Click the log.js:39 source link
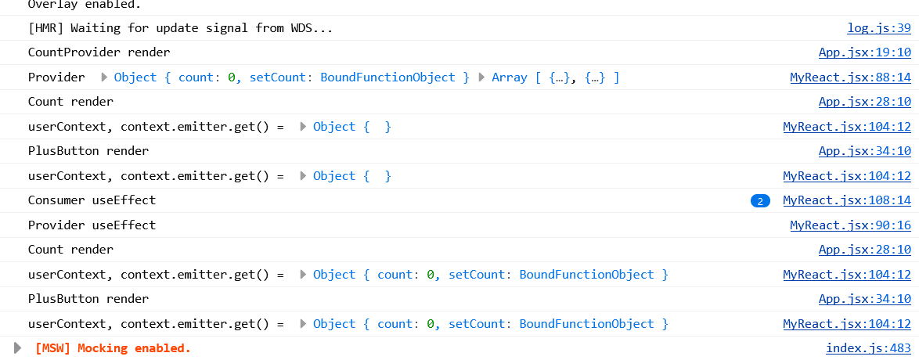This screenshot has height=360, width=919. tap(878, 28)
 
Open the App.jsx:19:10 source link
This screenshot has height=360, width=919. tap(864, 52)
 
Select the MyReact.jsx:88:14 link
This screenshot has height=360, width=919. tap(850, 77)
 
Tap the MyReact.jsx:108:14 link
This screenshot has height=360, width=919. tap(846, 200)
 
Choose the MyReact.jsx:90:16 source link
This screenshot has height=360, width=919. tap(850, 225)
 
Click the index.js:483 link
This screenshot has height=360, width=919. tap(868, 348)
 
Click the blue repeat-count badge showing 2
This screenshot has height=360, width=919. tap(759, 201)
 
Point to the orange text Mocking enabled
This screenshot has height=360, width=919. tap(134, 348)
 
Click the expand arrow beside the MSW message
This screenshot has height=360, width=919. tap(18, 348)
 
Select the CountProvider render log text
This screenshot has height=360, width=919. tap(99, 52)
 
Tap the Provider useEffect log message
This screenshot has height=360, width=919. tap(92, 225)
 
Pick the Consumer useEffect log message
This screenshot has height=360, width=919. tap(92, 200)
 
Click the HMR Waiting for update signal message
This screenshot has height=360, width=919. tap(180, 28)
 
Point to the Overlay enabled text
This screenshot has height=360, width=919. tap(74, 4)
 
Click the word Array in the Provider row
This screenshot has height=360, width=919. tap(509, 77)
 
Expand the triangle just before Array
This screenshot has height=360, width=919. tap(483, 77)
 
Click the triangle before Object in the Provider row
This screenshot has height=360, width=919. tap(104, 77)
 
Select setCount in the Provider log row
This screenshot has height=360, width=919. tap(278, 77)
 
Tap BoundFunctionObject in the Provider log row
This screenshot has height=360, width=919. tap(387, 77)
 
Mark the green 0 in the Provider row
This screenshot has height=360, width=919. tap(232, 77)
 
